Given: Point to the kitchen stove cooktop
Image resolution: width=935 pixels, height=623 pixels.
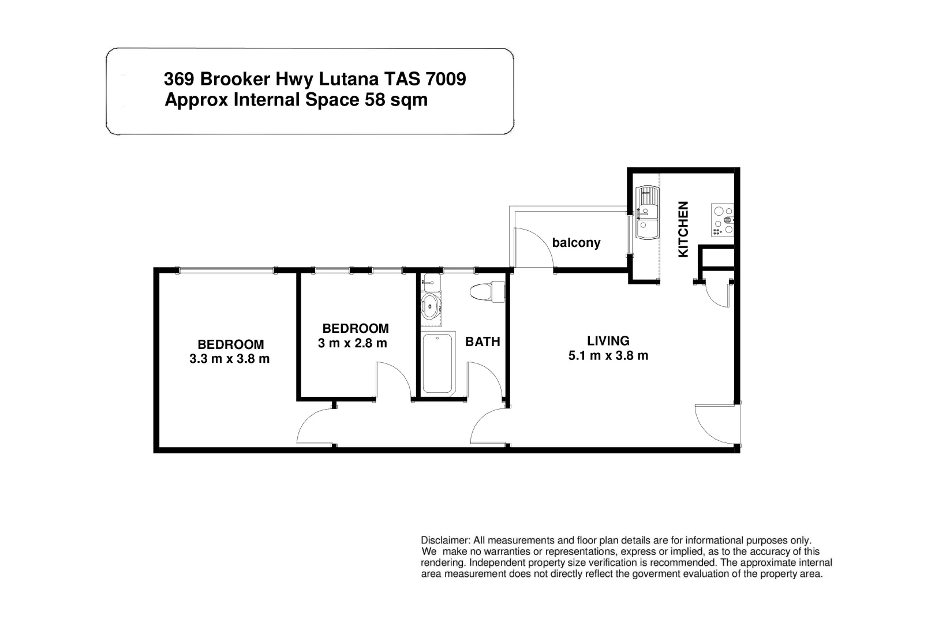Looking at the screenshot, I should click(723, 220).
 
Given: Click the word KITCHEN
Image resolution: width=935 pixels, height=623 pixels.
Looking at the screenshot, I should click(683, 229).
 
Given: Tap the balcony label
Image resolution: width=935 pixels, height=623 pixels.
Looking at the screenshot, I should click(576, 243).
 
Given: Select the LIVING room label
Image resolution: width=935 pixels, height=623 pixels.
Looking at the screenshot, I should click(608, 341).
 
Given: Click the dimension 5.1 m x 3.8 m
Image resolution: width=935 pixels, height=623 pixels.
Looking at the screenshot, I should click(608, 356).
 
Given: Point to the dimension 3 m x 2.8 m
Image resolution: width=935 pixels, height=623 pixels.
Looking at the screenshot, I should click(352, 343).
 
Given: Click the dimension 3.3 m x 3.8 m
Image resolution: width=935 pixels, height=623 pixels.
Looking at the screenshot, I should click(229, 359).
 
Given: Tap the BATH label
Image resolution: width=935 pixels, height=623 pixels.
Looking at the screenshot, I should click(483, 341).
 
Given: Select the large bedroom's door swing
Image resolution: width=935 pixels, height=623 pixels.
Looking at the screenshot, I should click(315, 427).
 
